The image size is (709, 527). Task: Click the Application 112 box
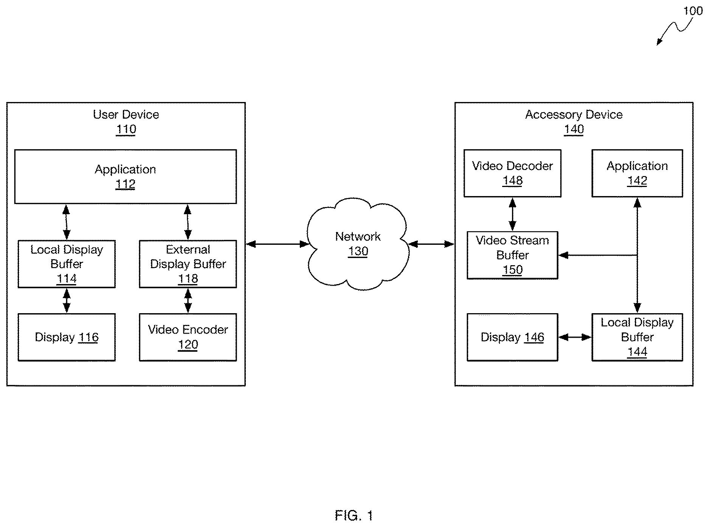pos(126,176)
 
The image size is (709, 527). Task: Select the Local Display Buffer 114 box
pos(67,264)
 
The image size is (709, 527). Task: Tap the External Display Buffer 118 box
pos(188,264)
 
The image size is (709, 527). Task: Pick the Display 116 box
pos(67,337)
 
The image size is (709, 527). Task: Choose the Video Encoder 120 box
pos(188,337)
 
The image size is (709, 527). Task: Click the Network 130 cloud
pos(358,244)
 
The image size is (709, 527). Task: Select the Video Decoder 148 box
pos(512,173)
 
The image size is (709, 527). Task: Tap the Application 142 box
pos(637,173)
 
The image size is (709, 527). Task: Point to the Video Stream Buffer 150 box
pos(512,255)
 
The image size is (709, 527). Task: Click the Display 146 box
pos(512,337)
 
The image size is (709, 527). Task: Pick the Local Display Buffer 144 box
pos(637,337)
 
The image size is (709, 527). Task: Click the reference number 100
pos(693,11)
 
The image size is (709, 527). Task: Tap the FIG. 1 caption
pos(354,515)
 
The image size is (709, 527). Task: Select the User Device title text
pos(126,114)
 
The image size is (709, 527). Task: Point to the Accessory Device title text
pos(574,114)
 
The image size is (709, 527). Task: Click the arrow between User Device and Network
pos(278,244)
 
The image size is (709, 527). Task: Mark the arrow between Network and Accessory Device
pos(431,244)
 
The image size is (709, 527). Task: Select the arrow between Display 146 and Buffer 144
pos(575,337)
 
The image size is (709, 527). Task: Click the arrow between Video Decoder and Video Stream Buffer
pos(512,214)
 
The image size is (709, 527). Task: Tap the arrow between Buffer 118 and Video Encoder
pos(188,301)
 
